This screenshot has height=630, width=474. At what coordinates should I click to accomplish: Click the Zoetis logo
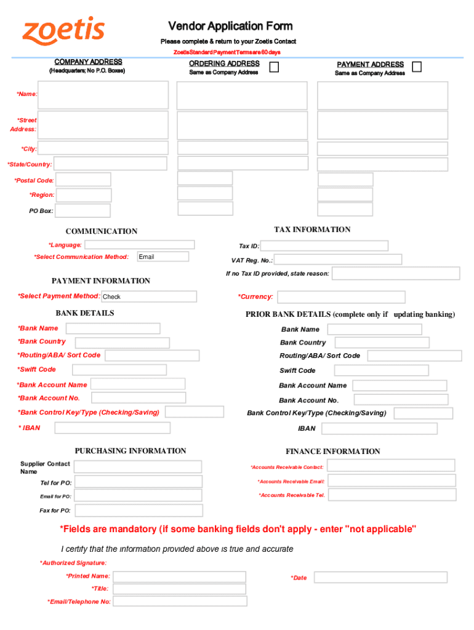pyautogui.click(x=63, y=31)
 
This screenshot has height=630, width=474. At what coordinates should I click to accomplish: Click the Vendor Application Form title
pyautogui.click(x=230, y=26)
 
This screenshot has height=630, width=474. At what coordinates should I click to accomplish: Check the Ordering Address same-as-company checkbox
pyautogui.click(x=274, y=66)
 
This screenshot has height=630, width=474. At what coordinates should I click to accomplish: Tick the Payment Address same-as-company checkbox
pyautogui.click(x=417, y=66)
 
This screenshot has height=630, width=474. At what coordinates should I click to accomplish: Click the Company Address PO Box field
pyautogui.click(x=82, y=211)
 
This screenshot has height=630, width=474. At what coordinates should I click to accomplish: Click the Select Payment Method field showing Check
pyautogui.click(x=148, y=297)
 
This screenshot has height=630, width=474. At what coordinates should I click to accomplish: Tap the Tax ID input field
pyautogui.click(x=324, y=245)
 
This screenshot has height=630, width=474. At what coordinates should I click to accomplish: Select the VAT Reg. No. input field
pyautogui.click(x=333, y=260)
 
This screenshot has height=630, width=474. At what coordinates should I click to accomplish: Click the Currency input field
pyautogui.click(x=341, y=297)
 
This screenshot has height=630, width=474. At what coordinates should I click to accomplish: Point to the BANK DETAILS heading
pyautogui.click(x=85, y=313)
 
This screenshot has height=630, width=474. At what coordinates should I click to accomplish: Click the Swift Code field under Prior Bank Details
pyautogui.click(x=381, y=370)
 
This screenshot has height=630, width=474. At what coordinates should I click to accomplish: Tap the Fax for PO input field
pyautogui.click(x=138, y=511)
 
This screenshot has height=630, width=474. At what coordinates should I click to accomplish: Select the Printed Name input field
pyautogui.click(x=179, y=576)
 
